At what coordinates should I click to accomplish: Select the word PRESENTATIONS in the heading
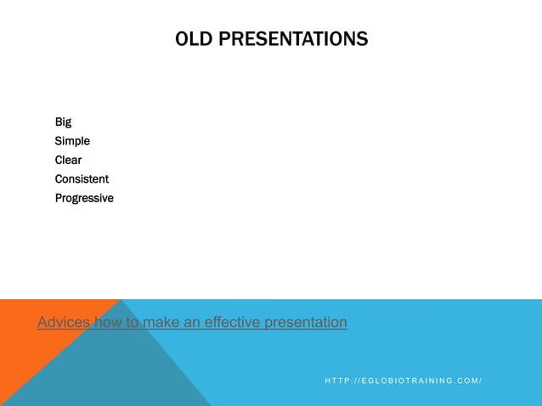click(x=294, y=39)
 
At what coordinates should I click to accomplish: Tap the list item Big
click(x=63, y=121)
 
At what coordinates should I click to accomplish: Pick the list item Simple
click(x=72, y=141)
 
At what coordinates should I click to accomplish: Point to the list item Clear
click(x=68, y=160)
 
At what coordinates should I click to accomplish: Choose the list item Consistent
click(x=82, y=179)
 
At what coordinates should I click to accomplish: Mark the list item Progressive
click(x=84, y=198)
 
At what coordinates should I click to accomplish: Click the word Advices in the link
click(x=64, y=323)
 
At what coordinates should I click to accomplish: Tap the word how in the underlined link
click(x=108, y=323)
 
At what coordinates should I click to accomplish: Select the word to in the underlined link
click(x=133, y=323)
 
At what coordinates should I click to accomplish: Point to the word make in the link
click(x=161, y=323)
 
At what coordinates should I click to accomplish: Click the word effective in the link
click(x=232, y=323)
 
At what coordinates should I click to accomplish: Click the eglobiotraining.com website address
click(x=403, y=381)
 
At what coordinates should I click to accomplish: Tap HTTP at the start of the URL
click(x=336, y=381)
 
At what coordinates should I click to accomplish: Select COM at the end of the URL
click(x=468, y=381)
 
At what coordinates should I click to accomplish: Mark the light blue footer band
click(x=425, y=340)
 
